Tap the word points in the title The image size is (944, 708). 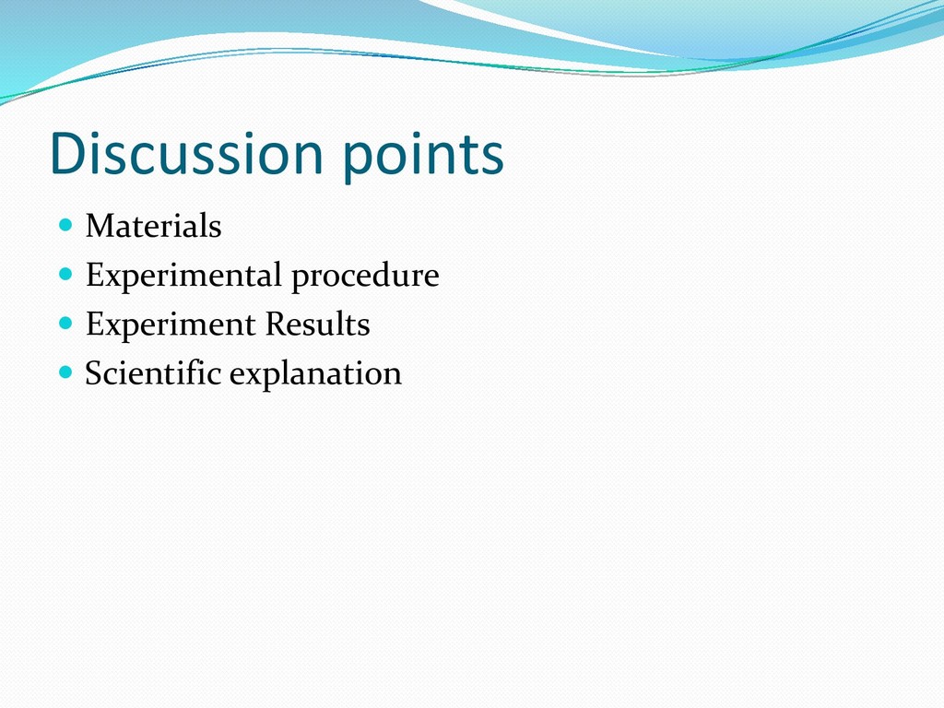(423, 157)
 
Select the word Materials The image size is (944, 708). (154, 226)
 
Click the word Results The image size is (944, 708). (318, 324)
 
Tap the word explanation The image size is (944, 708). (315, 375)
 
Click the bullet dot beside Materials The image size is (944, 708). (65, 225)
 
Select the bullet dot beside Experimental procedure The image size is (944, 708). (65, 275)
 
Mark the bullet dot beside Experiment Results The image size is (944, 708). (65, 324)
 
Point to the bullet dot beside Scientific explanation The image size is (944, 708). (65, 372)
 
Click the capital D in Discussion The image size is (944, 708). (70, 153)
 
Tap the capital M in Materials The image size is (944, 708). (103, 226)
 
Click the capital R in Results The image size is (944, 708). (277, 324)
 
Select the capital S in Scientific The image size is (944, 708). (95, 373)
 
